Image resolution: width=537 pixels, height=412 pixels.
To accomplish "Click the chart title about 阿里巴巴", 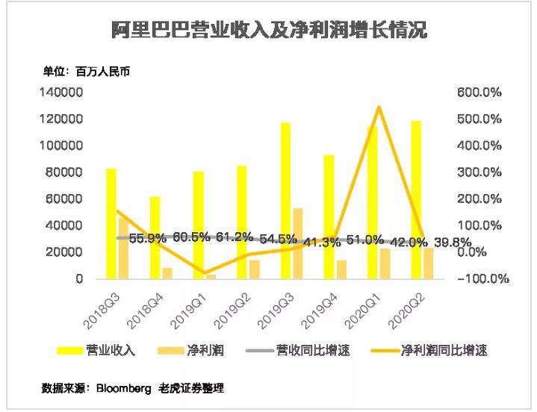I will tap(269, 31).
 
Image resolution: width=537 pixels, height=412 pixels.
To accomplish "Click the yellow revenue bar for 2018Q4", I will tap(155, 237).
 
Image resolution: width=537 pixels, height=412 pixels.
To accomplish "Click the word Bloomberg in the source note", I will tap(124, 389).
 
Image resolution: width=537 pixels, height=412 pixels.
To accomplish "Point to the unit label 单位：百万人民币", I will tap(87, 72).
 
